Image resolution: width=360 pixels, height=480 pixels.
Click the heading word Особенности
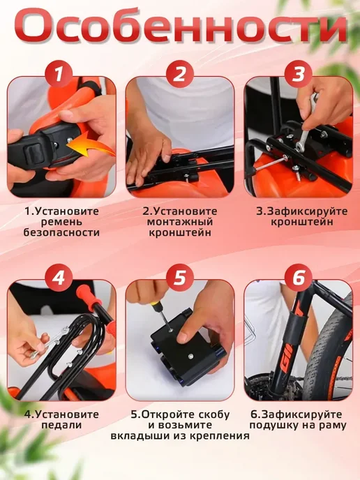click(180, 26)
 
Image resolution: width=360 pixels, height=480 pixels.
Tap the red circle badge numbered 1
click(59, 74)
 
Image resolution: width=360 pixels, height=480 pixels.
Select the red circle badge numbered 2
click(180, 74)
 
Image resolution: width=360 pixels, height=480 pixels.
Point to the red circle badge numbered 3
click(298, 74)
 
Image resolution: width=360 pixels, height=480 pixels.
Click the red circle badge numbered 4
click(59, 278)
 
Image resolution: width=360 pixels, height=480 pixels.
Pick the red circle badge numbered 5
click(180, 278)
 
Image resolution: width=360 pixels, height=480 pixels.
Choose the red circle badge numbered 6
click(298, 278)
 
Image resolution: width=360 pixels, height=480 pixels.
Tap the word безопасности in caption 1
click(61, 232)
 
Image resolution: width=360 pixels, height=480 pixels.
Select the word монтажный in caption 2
click(180, 222)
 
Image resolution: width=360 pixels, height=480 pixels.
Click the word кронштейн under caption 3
click(302, 222)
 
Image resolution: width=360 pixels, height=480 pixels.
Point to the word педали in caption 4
click(61, 425)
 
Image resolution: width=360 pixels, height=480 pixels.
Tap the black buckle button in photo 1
click(33, 151)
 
